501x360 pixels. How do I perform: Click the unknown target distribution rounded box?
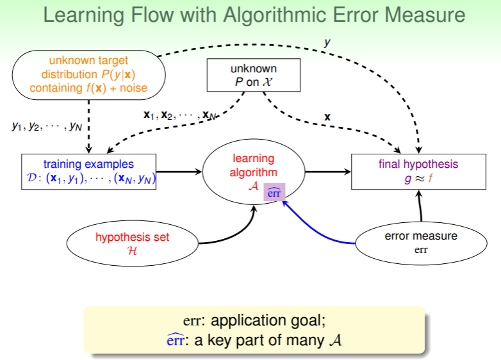(88, 76)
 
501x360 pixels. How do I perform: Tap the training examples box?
(89, 172)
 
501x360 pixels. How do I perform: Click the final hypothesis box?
(418, 172)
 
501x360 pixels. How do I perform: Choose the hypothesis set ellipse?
(133, 243)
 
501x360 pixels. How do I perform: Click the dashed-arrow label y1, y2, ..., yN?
(44, 126)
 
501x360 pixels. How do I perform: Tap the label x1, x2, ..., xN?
(179, 115)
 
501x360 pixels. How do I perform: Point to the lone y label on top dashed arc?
(327, 43)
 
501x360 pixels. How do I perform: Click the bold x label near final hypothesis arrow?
(327, 117)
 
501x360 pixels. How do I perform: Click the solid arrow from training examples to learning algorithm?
(179, 172)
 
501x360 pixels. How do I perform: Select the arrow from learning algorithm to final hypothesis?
(327, 172)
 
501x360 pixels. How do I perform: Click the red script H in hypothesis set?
(133, 250)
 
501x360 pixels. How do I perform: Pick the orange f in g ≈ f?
(431, 179)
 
